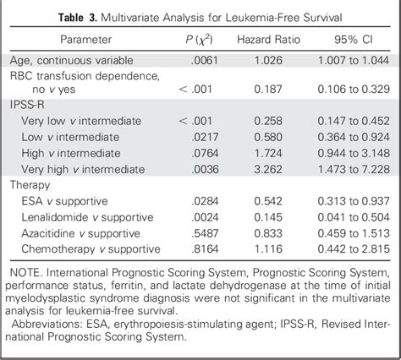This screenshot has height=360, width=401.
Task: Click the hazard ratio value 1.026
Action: tap(270, 60)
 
